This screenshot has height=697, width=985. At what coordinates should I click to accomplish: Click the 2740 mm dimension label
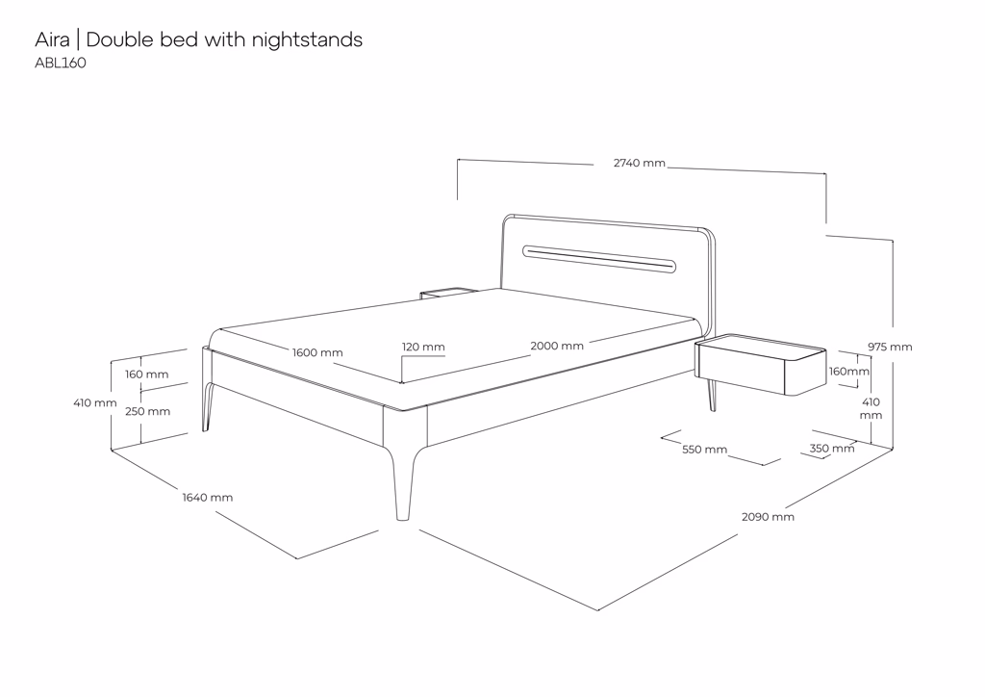pyautogui.click(x=639, y=163)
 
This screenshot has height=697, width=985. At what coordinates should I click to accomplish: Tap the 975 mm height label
pyautogui.click(x=890, y=347)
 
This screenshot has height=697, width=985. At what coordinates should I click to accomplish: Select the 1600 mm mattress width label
pyautogui.click(x=317, y=352)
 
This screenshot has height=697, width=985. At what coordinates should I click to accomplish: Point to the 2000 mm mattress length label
pyautogui.click(x=556, y=346)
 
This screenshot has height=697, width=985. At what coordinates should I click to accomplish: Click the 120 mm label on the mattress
pyautogui.click(x=423, y=347)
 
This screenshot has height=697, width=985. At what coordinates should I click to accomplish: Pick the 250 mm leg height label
pyautogui.click(x=147, y=411)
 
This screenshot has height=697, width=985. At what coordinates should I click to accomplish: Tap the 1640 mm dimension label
pyautogui.click(x=208, y=498)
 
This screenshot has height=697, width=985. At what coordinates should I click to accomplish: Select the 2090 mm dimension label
pyautogui.click(x=768, y=517)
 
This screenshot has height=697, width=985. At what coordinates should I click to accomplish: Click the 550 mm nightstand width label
pyautogui.click(x=704, y=450)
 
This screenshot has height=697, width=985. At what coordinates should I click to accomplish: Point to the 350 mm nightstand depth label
pyautogui.click(x=831, y=449)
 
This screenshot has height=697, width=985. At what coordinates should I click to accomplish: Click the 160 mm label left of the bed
pyautogui.click(x=146, y=374)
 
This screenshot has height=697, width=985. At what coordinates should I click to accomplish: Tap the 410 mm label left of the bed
pyautogui.click(x=95, y=402)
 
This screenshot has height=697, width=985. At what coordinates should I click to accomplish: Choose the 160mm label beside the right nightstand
pyautogui.click(x=849, y=372)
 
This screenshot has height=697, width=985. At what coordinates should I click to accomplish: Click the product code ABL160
pyautogui.click(x=61, y=64)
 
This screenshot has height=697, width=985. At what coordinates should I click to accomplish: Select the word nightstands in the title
pyautogui.click(x=307, y=39)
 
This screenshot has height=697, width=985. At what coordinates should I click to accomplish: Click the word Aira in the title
pyautogui.click(x=52, y=39)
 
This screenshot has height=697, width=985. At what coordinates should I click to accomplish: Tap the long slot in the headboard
pyautogui.click(x=598, y=257)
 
